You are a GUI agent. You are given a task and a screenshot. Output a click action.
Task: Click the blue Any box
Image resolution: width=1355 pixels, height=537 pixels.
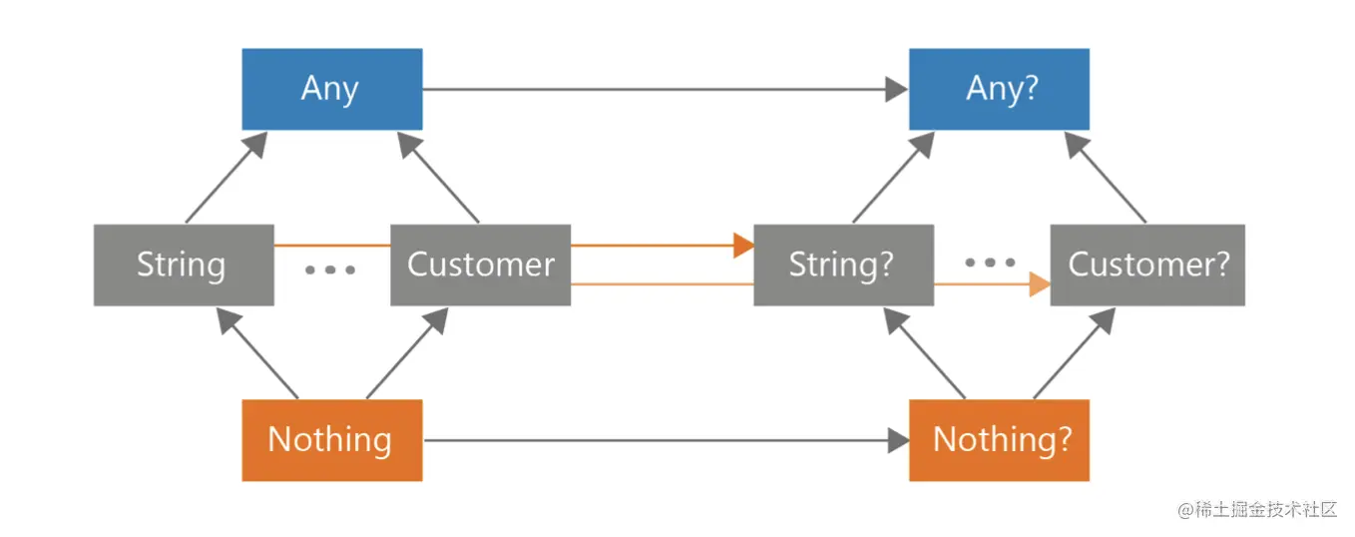331,89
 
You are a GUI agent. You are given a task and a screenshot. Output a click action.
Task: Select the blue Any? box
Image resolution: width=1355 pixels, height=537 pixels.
999,89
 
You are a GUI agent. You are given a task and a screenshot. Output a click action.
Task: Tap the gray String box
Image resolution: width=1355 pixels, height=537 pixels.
184,265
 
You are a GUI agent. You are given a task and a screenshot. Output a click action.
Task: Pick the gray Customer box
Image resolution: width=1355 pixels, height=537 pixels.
480,265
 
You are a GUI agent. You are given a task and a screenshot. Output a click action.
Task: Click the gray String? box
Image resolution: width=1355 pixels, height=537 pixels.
843,265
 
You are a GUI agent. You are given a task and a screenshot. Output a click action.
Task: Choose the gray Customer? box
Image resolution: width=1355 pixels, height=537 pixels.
1147,265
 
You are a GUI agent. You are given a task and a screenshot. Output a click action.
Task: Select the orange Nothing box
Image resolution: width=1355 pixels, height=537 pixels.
331,439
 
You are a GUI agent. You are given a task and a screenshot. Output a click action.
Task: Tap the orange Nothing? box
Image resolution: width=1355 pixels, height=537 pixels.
999,439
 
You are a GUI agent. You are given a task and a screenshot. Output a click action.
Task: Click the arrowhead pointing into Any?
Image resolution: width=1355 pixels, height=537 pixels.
897,89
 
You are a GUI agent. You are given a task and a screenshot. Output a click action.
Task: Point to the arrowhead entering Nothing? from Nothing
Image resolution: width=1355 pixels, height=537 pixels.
897,440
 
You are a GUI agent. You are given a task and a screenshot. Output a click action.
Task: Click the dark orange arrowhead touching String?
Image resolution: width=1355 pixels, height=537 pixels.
743,245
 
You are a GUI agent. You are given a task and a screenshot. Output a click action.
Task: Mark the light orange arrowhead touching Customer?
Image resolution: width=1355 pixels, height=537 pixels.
1040,284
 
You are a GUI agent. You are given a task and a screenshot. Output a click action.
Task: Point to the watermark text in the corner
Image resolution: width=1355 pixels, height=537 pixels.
1256,509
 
